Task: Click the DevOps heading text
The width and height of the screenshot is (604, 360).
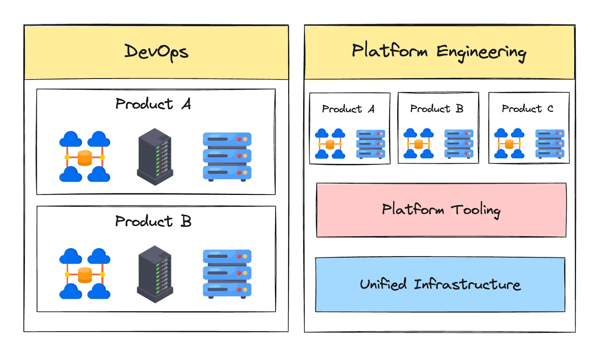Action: (x=156, y=52)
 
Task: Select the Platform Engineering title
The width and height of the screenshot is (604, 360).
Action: (x=439, y=52)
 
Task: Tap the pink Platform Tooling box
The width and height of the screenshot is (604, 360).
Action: (x=441, y=210)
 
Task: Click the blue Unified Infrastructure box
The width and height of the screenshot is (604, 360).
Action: (x=440, y=284)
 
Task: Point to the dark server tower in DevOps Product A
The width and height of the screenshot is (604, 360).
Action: (x=155, y=156)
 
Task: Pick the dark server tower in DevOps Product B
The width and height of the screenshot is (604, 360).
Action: (x=155, y=274)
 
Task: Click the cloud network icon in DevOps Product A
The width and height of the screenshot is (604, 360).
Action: (x=85, y=156)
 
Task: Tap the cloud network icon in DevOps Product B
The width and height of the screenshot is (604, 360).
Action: (x=85, y=273)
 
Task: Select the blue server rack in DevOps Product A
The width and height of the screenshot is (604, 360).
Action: (x=227, y=156)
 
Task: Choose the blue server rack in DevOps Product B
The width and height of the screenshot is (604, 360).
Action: (x=227, y=273)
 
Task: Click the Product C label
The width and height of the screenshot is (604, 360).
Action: (x=527, y=109)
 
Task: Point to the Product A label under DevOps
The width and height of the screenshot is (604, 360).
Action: (x=153, y=104)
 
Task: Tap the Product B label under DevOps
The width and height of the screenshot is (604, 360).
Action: (x=153, y=221)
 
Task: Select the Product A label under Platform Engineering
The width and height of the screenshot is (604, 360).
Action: (x=348, y=109)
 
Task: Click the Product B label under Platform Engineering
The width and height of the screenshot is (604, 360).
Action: (x=437, y=109)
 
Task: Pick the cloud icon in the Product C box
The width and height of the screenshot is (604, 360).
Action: (x=509, y=144)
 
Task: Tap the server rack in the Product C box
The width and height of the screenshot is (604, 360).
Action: (x=550, y=144)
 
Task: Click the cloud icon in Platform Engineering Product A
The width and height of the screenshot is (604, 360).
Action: (x=330, y=144)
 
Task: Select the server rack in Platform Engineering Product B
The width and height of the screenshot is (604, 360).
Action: (x=459, y=144)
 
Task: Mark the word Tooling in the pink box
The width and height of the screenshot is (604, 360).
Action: (x=476, y=210)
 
